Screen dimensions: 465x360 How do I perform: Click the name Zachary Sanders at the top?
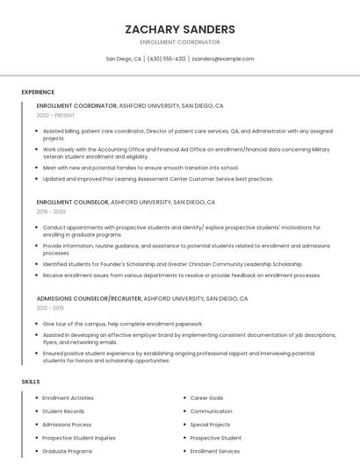[x=180, y=29]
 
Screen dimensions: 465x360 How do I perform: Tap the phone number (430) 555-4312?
[x=166, y=59]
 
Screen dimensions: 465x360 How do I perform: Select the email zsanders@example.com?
[x=223, y=59]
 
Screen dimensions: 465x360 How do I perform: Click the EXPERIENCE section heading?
[x=38, y=92]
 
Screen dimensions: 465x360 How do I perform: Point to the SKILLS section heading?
[x=31, y=382]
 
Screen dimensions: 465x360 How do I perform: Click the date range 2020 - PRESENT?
[x=55, y=115]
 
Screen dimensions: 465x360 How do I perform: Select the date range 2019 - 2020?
[x=51, y=211]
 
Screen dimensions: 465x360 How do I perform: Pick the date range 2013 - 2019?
[x=51, y=308]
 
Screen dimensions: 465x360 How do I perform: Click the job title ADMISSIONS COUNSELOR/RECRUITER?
[x=89, y=298]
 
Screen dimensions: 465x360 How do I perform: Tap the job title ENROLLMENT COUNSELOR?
[x=73, y=202]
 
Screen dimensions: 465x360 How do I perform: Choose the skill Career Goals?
[x=206, y=398]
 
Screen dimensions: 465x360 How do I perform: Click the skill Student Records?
[x=63, y=411]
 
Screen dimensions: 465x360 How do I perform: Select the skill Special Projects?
[x=210, y=425]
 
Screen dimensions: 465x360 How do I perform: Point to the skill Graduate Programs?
[x=67, y=451]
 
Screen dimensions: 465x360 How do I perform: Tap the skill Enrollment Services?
[x=214, y=451]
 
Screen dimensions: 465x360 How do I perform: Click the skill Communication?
[x=211, y=411]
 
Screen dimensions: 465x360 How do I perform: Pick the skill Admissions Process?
[x=67, y=425]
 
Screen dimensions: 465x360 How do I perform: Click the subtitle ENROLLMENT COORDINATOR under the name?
[x=180, y=42]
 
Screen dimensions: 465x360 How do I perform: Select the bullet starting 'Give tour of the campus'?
[x=122, y=324]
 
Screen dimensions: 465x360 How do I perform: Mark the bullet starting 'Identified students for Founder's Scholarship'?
[x=172, y=264]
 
